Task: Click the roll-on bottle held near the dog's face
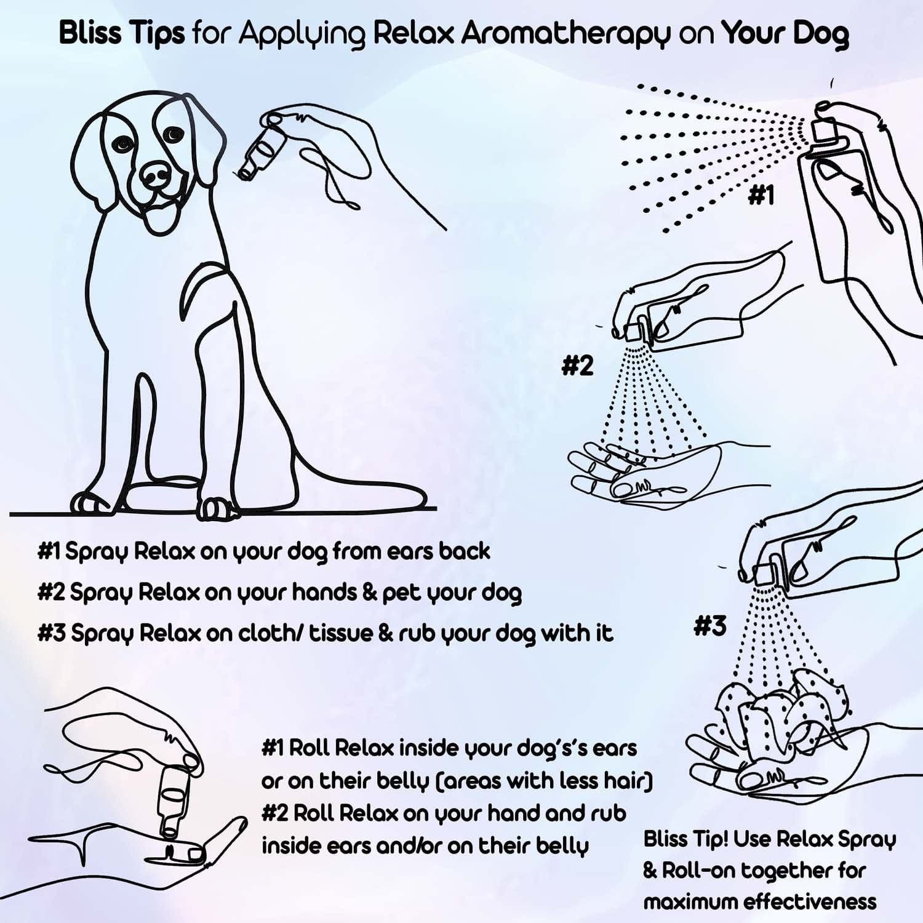tap(262, 148)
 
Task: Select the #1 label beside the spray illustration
tap(761, 196)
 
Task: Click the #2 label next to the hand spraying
tap(577, 366)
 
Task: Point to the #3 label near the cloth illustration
tap(709, 626)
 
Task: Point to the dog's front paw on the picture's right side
tap(212, 507)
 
